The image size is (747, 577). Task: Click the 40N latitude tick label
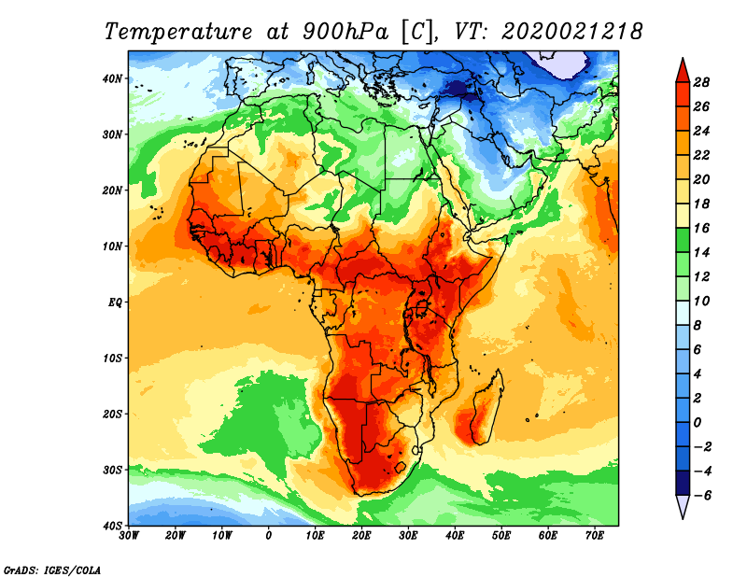pos(111,78)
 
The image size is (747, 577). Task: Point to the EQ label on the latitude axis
pos(113,303)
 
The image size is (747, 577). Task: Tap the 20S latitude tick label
pos(111,414)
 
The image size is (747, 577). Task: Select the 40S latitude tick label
pos(111,526)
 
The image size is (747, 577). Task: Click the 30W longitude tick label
pos(129,536)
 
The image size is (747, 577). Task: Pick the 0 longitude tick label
pos(269,536)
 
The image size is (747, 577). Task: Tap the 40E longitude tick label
pos(455,536)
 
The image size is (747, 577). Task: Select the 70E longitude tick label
pos(595,536)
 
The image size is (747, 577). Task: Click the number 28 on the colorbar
pos(703,81)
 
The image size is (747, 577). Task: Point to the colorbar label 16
pos(703,228)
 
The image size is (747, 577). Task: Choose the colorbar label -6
pos(701,496)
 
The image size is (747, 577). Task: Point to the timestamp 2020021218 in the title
pos(571,32)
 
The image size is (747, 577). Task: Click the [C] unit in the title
pos(416,32)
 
